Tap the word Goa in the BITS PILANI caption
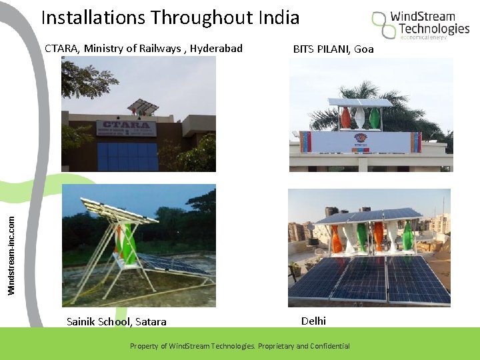coord(364,49)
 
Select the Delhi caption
coord(313,321)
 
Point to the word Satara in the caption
coord(151,322)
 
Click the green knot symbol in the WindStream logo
coord(383,24)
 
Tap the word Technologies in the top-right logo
coord(434,29)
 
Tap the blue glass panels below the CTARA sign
coord(127,157)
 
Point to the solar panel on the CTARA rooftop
coord(144,105)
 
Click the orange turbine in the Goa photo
coord(345,119)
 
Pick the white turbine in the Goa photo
coord(360,119)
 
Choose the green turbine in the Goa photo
coord(375,119)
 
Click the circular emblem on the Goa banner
coord(360,141)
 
